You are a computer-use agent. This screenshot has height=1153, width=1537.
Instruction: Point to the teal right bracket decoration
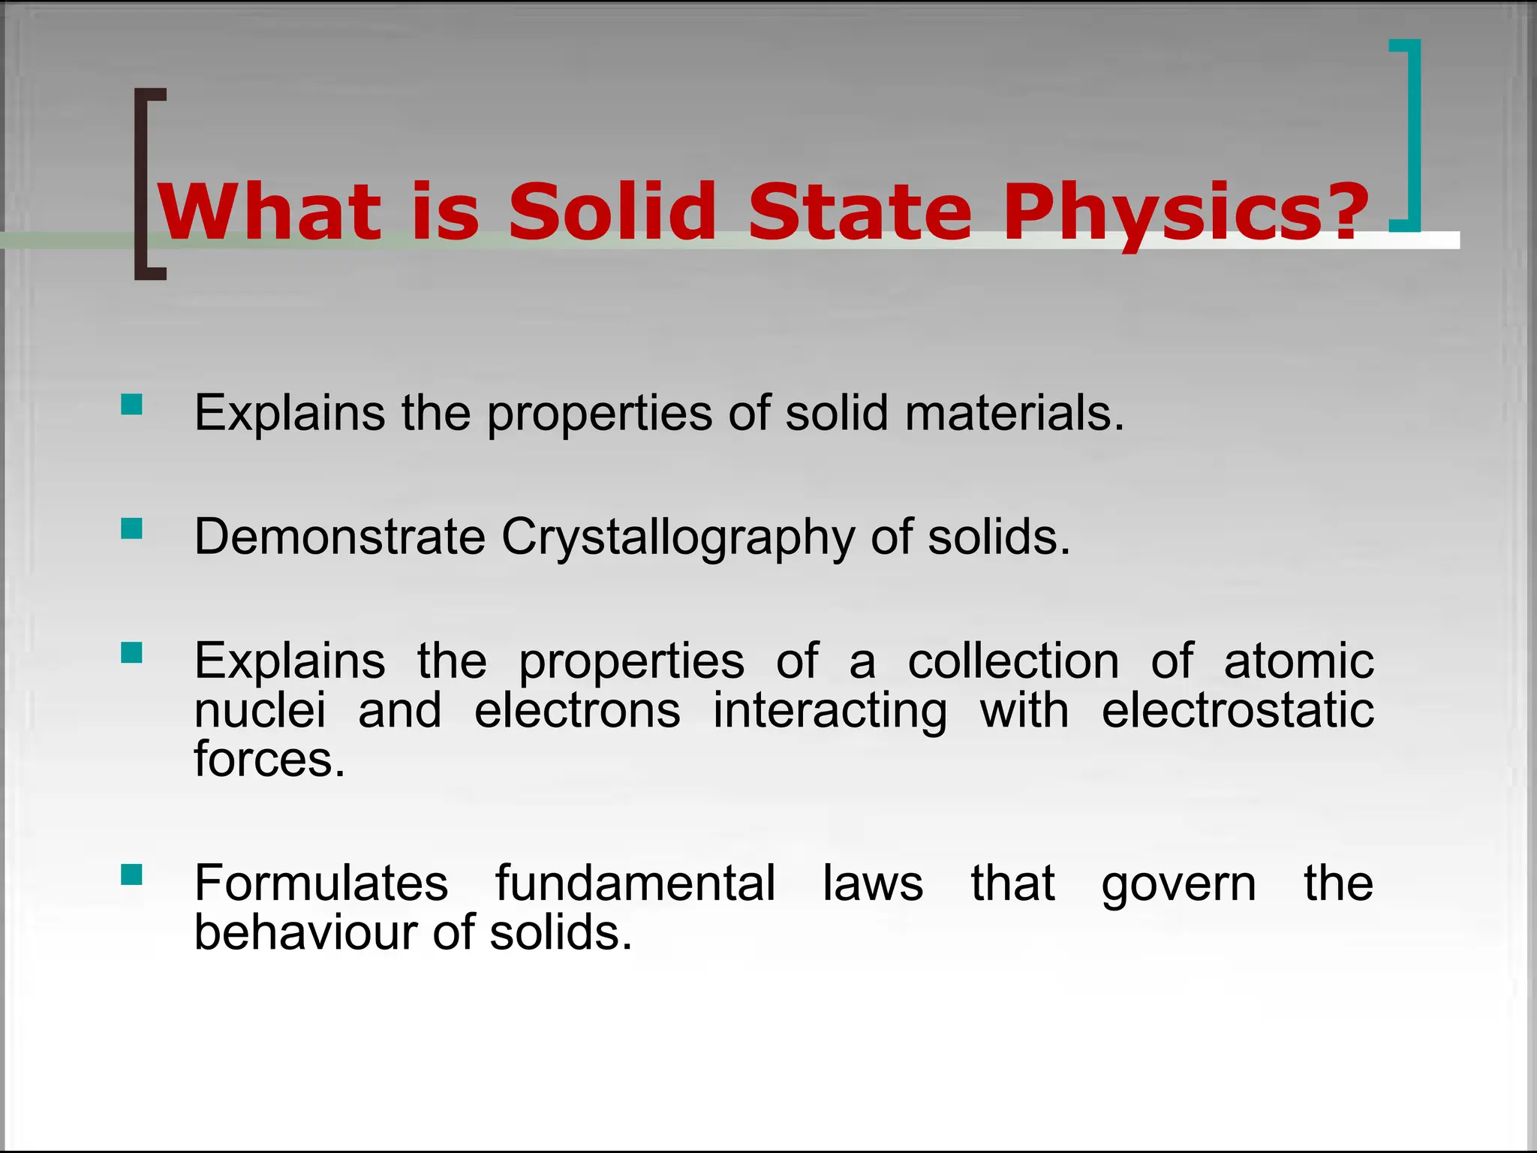[1412, 135]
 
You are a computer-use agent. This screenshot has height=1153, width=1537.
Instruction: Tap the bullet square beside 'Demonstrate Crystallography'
[131, 529]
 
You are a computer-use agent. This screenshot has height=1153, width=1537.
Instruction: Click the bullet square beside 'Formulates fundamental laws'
[131, 875]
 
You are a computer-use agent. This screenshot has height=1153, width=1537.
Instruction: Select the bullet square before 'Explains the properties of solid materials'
[131, 405]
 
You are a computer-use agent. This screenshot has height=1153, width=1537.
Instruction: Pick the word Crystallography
[678, 537]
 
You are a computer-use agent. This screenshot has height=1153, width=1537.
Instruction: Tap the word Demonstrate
[340, 537]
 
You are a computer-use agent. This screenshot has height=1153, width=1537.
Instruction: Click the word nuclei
[260, 710]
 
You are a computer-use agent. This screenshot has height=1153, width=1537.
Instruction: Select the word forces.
[269, 760]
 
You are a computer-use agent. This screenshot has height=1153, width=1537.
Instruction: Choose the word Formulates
[321, 883]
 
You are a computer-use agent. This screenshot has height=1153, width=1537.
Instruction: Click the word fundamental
[635, 883]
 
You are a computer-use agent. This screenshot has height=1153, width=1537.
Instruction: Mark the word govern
[1178, 884]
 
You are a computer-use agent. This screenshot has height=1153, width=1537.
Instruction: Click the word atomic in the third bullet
[1298, 661]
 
